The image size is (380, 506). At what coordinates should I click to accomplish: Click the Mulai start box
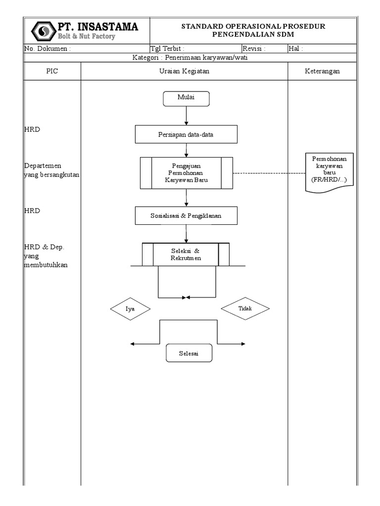tap(186, 98)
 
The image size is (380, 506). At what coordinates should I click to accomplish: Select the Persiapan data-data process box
tap(186, 134)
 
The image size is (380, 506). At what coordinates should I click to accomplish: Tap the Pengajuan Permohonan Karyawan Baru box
tap(186, 173)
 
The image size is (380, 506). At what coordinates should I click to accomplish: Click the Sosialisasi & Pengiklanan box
tap(186, 215)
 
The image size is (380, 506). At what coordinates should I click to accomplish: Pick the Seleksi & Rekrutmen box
tap(186, 254)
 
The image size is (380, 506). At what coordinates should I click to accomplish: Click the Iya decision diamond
tap(130, 309)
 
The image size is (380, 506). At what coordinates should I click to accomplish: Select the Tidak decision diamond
tap(245, 308)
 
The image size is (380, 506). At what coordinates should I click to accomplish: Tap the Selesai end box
tap(188, 353)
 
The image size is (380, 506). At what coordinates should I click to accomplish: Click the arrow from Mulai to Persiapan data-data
tap(186, 116)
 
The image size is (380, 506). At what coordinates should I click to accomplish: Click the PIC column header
tap(52, 71)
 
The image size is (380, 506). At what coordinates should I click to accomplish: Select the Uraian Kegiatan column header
tap(184, 71)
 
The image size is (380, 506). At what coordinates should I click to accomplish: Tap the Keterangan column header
tap(322, 71)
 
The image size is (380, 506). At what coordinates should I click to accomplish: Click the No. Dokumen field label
tap(47, 48)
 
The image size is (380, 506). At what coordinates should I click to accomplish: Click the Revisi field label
tap(254, 48)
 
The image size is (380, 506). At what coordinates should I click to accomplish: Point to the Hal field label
tap(295, 48)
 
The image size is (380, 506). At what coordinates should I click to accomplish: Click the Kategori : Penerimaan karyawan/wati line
tap(190, 57)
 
